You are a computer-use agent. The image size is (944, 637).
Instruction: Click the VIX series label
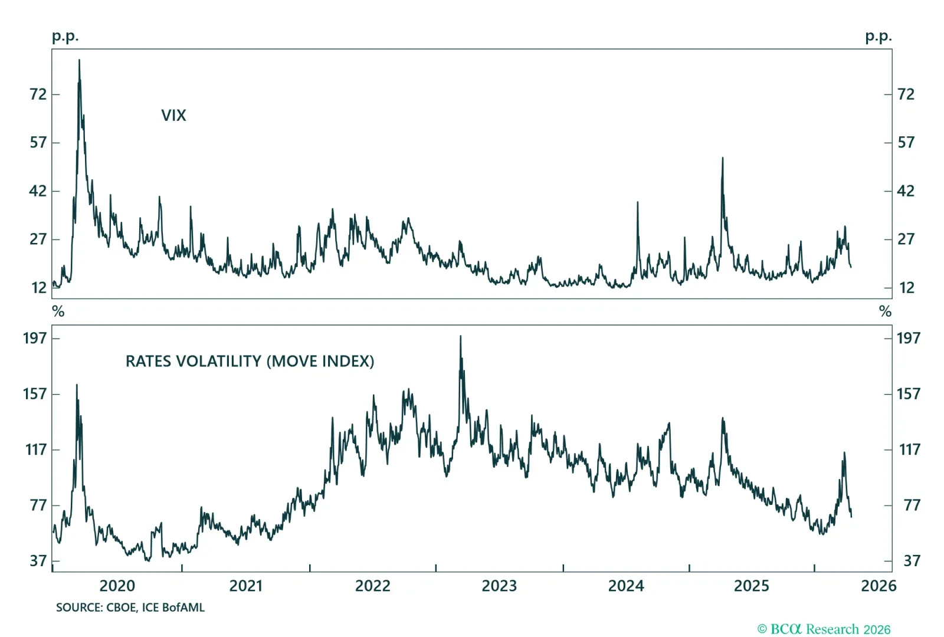(173, 116)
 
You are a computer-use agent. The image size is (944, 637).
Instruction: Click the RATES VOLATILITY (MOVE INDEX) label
(250, 362)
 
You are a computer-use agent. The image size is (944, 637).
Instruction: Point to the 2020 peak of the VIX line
(79, 61)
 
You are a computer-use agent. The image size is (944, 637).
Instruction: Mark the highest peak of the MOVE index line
(460, 337)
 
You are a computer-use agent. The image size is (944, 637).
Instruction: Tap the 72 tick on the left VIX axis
(38, 94)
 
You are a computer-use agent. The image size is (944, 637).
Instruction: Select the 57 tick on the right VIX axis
(906, 143)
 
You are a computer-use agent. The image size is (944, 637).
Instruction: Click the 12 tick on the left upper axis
(39, 288)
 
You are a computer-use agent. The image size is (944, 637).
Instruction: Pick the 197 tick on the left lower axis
(35, 338)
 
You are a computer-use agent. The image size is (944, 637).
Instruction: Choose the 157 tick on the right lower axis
(908, 394)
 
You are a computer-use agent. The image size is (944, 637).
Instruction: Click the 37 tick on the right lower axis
(912, 561)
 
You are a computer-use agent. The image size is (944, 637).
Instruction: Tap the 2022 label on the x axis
(372, 586)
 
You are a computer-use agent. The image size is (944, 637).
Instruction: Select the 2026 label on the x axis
(878, 586)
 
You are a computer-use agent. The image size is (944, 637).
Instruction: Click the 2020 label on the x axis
(117, 586)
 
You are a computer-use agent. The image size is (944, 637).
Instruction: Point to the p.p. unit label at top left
(65, 37)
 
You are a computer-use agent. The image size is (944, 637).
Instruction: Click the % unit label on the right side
(885, 311)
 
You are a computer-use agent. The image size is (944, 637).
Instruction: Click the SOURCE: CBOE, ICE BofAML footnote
(130, 608)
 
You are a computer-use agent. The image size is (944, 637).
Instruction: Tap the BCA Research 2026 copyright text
(824, 629)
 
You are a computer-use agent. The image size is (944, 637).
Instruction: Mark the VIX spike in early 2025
(722, 159)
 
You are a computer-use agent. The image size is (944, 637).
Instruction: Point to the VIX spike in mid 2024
(637, 203)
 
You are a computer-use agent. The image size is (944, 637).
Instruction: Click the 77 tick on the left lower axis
(38, 505)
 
